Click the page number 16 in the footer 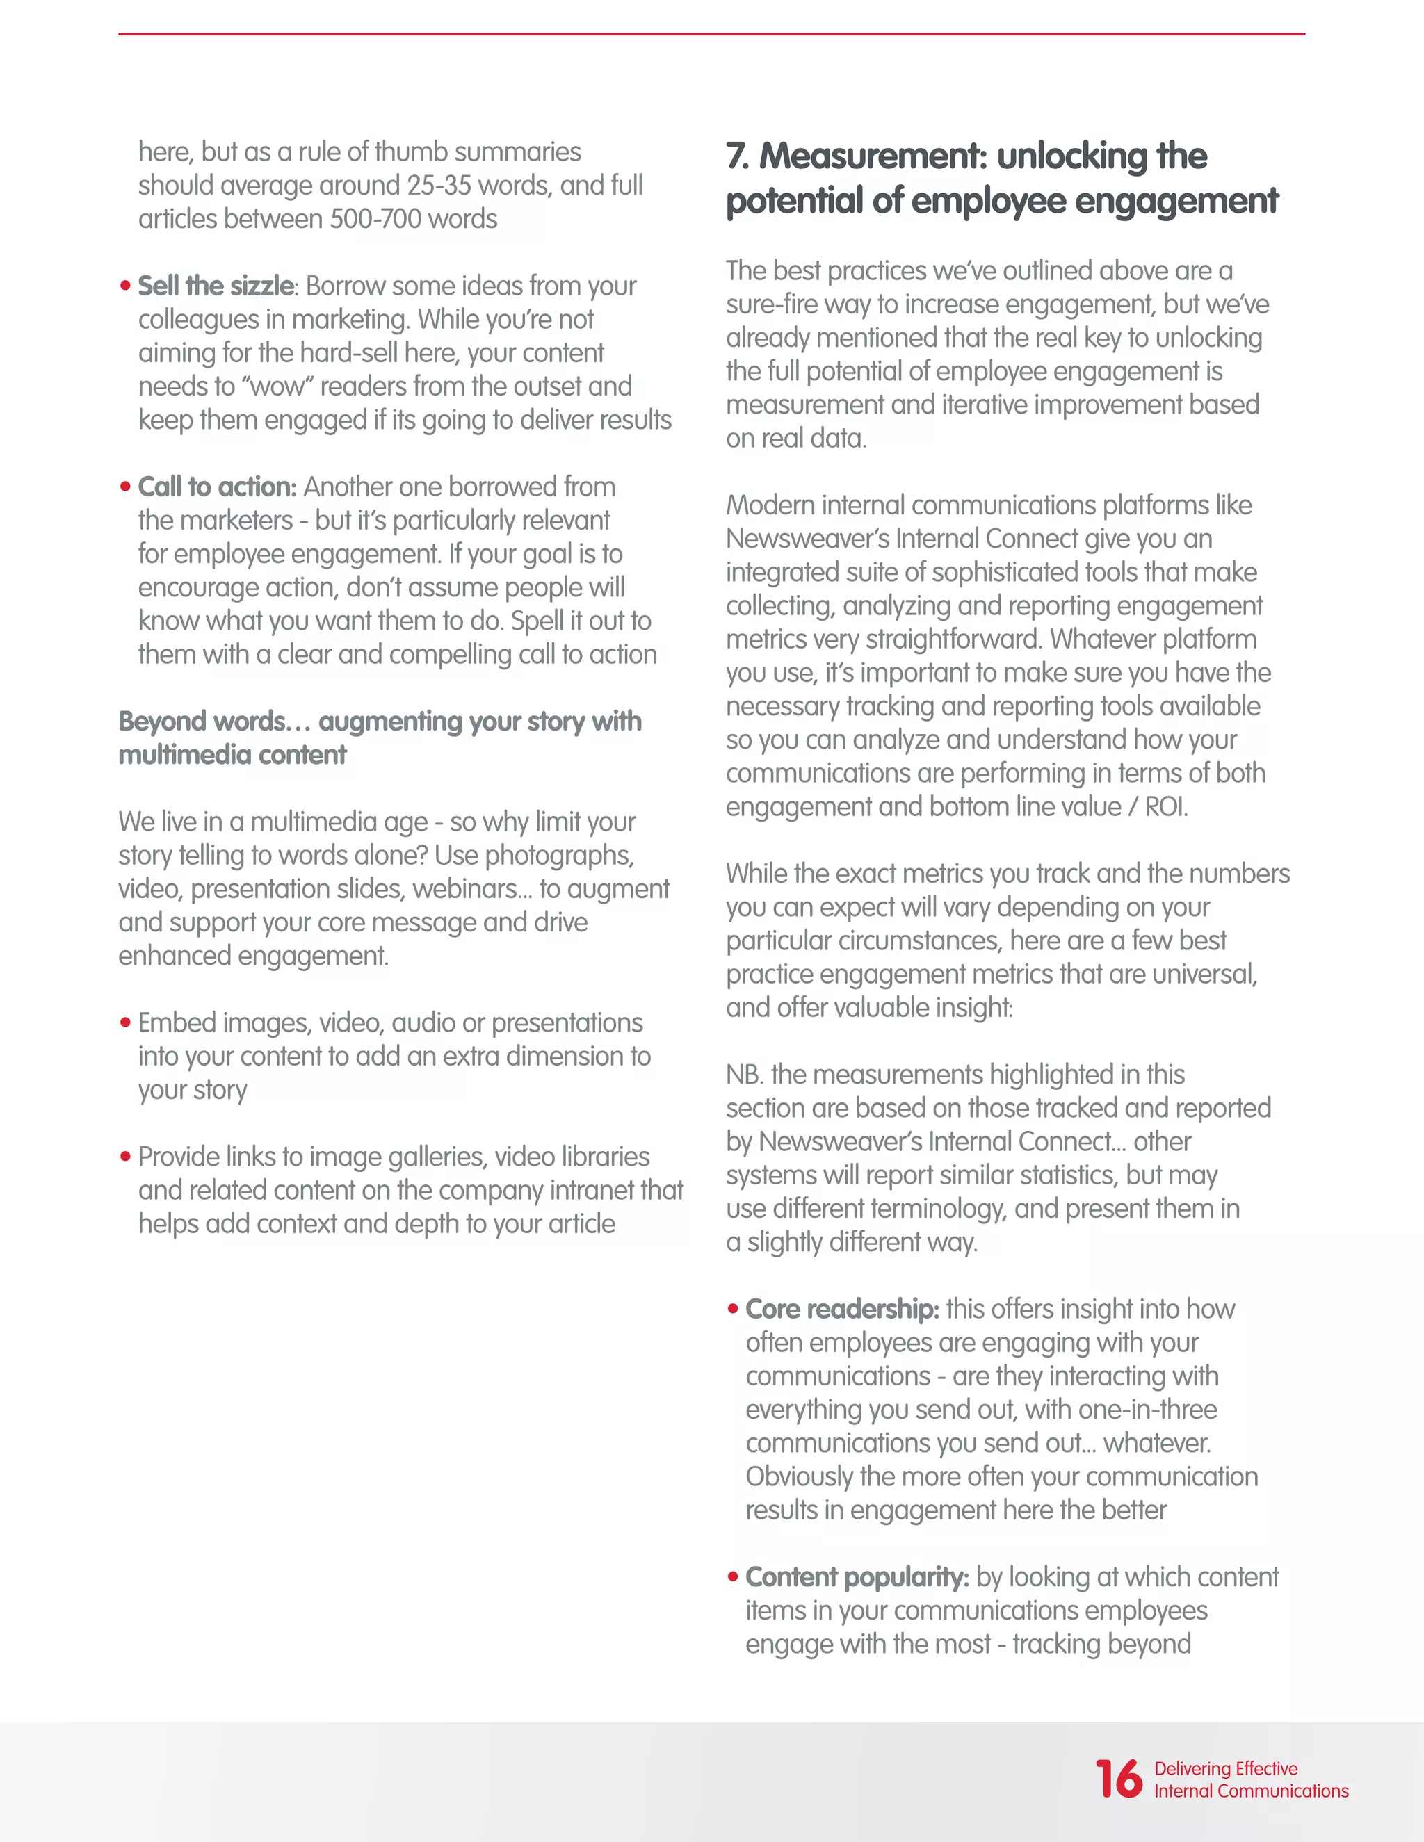pos(1118,1779)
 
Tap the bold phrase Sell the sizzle pos(215,286)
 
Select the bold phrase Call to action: pos(217,487)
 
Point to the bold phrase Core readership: pos(842,1309)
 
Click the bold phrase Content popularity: pos(857,1577)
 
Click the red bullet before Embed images pos(125,1023)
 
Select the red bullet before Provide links pos(125,1157)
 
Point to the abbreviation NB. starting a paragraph pos(745,1075)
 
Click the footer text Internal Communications pos(1251,1791)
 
